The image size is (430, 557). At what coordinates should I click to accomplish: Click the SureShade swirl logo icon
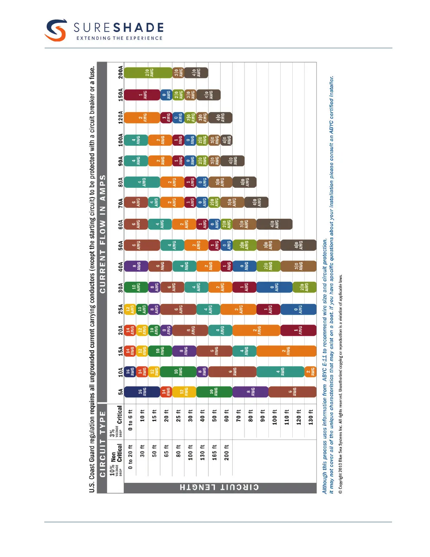click(56, 30)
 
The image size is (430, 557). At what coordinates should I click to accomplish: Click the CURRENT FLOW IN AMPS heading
click(103, 234)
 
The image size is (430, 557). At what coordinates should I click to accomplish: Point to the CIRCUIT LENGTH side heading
click(220, 487)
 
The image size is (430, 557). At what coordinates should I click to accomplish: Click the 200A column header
click(120, 72)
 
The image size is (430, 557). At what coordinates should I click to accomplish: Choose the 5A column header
click(120, 392)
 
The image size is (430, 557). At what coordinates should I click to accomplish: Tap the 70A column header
click(120, 203)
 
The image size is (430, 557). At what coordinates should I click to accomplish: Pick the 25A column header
click(120, 309)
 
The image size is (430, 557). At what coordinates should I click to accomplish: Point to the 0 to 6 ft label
click(130, 420)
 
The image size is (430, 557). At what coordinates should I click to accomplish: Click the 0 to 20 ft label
click(130, 457)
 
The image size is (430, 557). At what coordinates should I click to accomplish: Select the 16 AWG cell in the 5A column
click(142, 392)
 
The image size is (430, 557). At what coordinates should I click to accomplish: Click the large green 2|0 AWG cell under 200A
click(148, 73)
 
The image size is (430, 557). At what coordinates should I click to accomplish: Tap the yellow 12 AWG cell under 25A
click(130, 309)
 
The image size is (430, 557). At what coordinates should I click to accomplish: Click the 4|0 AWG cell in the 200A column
click(196, 73)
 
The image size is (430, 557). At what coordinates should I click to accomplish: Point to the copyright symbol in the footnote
click(340, 492)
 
